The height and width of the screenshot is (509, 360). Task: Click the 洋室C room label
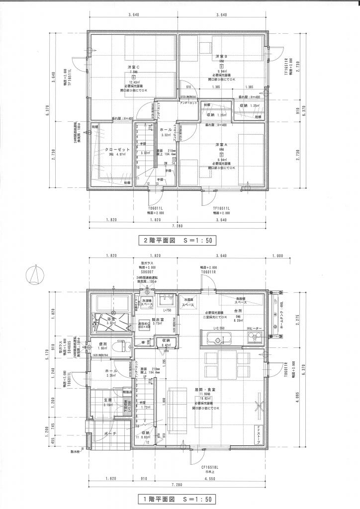pyautogui.click(x=133, y=67)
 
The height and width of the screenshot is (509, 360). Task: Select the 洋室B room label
pyautogui.click(x=221, y=57)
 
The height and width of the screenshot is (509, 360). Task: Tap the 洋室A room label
pyautogui.click(x=221, y=145)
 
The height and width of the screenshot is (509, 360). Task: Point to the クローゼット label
pyautogui.click(x=117, y=149)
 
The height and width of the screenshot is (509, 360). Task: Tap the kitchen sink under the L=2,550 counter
pyautogui.click(x=216, y=339)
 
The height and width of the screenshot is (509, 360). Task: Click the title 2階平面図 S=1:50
pyautogui.click(x=178, y=240)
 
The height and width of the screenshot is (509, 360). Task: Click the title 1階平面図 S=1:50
pyautogui.click(x=178, y=498)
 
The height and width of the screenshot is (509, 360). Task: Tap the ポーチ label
pyautogui.click(x=111, y=433)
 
